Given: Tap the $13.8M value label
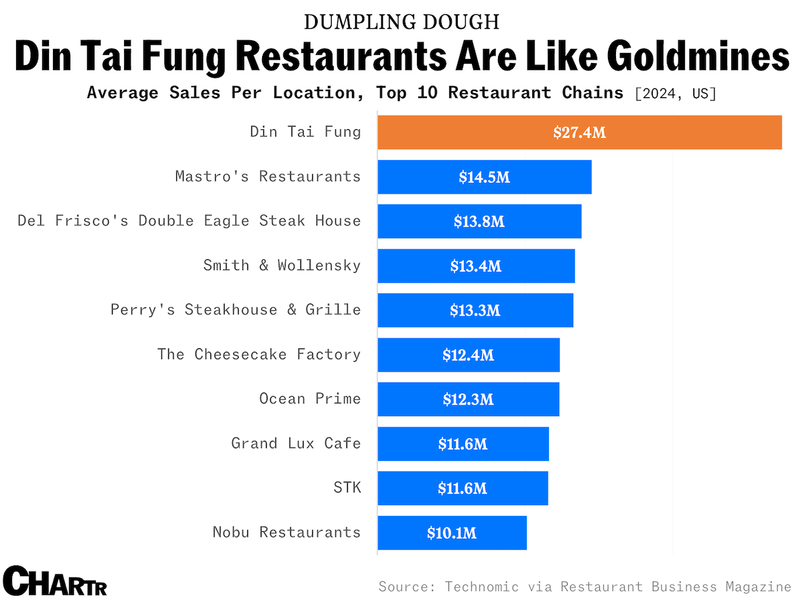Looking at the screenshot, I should tap(479, 222).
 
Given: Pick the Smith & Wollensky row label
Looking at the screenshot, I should tap(282, 265).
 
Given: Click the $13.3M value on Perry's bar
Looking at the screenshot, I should tap(475, 310).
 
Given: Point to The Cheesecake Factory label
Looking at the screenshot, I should tap(259, 354).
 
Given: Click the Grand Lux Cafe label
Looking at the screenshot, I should tap(296, 443).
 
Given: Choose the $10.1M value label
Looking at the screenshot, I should tap(452, 533).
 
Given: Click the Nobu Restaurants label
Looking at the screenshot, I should tap(286, 532).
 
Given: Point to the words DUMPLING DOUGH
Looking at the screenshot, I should tap(401, 22).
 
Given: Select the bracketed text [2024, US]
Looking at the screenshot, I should tap(675, 93).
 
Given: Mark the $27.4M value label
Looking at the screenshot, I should tap(579, 133).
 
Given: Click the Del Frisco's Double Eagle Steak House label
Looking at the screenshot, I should tap(189, 220).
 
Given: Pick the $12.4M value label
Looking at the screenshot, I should tap(468, 355).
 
